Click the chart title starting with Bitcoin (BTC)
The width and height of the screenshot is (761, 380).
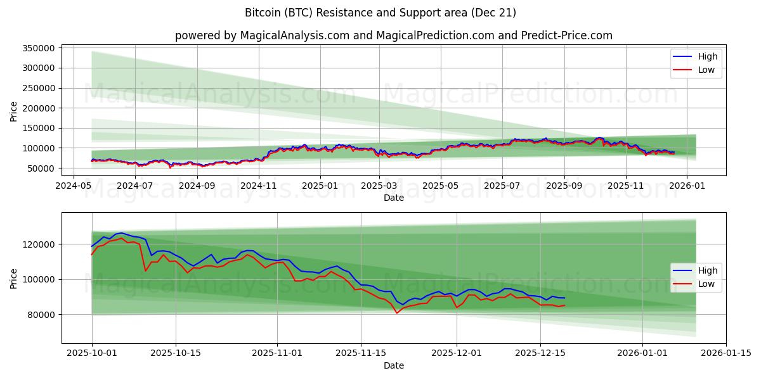click(380, 13)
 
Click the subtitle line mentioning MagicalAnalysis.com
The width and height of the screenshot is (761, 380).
click(394, 35)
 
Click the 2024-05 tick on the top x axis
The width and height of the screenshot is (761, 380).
click(74, 186)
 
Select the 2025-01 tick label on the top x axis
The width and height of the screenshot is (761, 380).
click(320, 186)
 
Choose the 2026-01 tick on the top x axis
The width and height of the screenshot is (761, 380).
click(686, 186)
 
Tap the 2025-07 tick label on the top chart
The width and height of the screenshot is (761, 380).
click(502, 186)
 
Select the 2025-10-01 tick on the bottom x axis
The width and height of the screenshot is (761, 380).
click(92, 353)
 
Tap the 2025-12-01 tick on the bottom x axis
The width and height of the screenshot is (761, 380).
click(457, 353)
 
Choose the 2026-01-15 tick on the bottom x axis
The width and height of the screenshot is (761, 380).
click(726, 353)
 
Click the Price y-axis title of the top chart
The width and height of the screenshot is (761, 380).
click(14, 111)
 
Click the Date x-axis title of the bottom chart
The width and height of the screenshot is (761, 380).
click(394, 365)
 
